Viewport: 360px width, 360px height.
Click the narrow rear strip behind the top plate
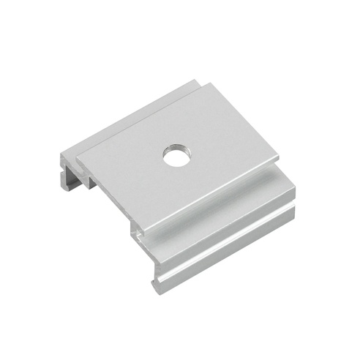click(x=132, y=110)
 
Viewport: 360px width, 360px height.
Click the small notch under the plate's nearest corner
click(x=138, y=234)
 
